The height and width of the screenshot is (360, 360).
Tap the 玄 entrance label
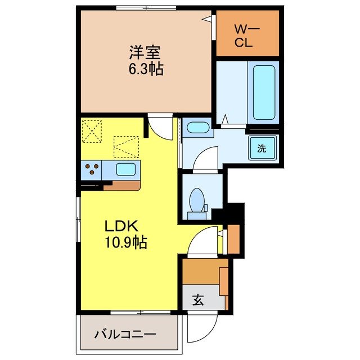point(199,300)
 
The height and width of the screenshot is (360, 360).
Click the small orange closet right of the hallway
point(234,239)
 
